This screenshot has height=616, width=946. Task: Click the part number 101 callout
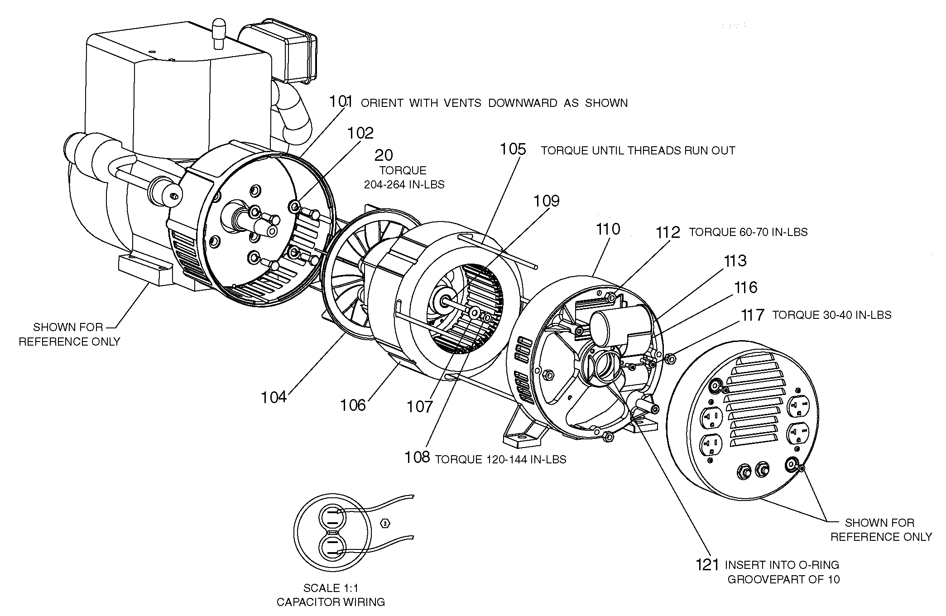(341, 101)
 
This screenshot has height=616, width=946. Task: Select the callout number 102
(360, 133)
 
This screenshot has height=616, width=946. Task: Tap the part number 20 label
(384, 155)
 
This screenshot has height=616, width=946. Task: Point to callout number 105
(513, 149)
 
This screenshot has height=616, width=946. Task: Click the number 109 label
(546, 201)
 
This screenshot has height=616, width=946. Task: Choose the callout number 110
(608, 229)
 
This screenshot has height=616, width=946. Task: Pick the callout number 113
(735, 260)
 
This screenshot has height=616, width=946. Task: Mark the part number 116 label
(745, 287)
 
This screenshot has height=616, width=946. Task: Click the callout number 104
(274, 397)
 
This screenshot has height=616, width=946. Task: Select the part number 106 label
(352, 405)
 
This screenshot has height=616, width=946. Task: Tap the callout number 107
(419, 407)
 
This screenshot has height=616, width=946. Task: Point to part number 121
(707, 565)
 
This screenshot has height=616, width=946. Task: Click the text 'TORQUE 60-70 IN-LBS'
(748, 232)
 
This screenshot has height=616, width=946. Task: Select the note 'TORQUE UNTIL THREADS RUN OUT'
(638, 151)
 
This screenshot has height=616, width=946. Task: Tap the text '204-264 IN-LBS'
(404, 185)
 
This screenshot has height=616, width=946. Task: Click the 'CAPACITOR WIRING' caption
(331, 602)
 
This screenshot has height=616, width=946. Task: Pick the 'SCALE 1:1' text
(331, 588)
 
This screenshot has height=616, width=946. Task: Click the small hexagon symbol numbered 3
(385, 524)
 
